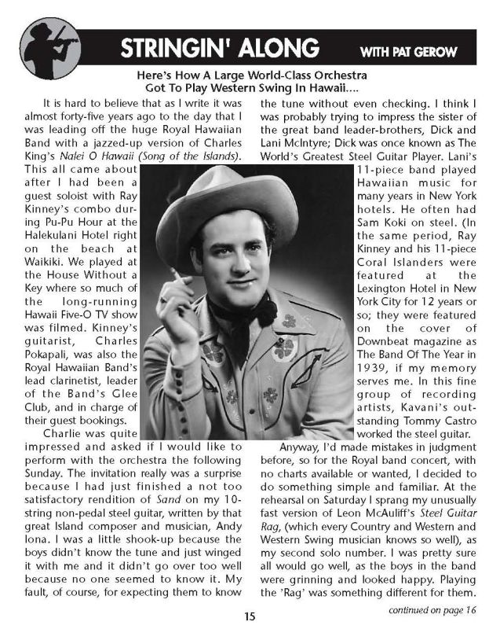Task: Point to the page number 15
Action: click(x=250, y=616)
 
